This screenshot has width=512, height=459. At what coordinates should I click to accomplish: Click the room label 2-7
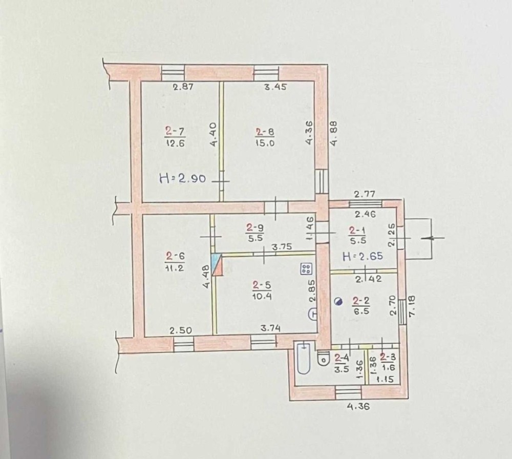175,132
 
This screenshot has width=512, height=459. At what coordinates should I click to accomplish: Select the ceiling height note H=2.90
182,179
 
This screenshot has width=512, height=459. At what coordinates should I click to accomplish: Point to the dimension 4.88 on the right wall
334,135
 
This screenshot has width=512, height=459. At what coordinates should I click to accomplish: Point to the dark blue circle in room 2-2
338,302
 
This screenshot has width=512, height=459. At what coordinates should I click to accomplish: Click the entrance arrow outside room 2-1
433,238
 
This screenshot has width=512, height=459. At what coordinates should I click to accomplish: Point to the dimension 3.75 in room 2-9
281,246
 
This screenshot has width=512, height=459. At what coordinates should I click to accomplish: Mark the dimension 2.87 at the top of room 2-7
182,87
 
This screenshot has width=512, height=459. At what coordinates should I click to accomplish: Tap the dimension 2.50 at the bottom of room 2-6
181,330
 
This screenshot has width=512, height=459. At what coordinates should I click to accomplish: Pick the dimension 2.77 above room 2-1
366,194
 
